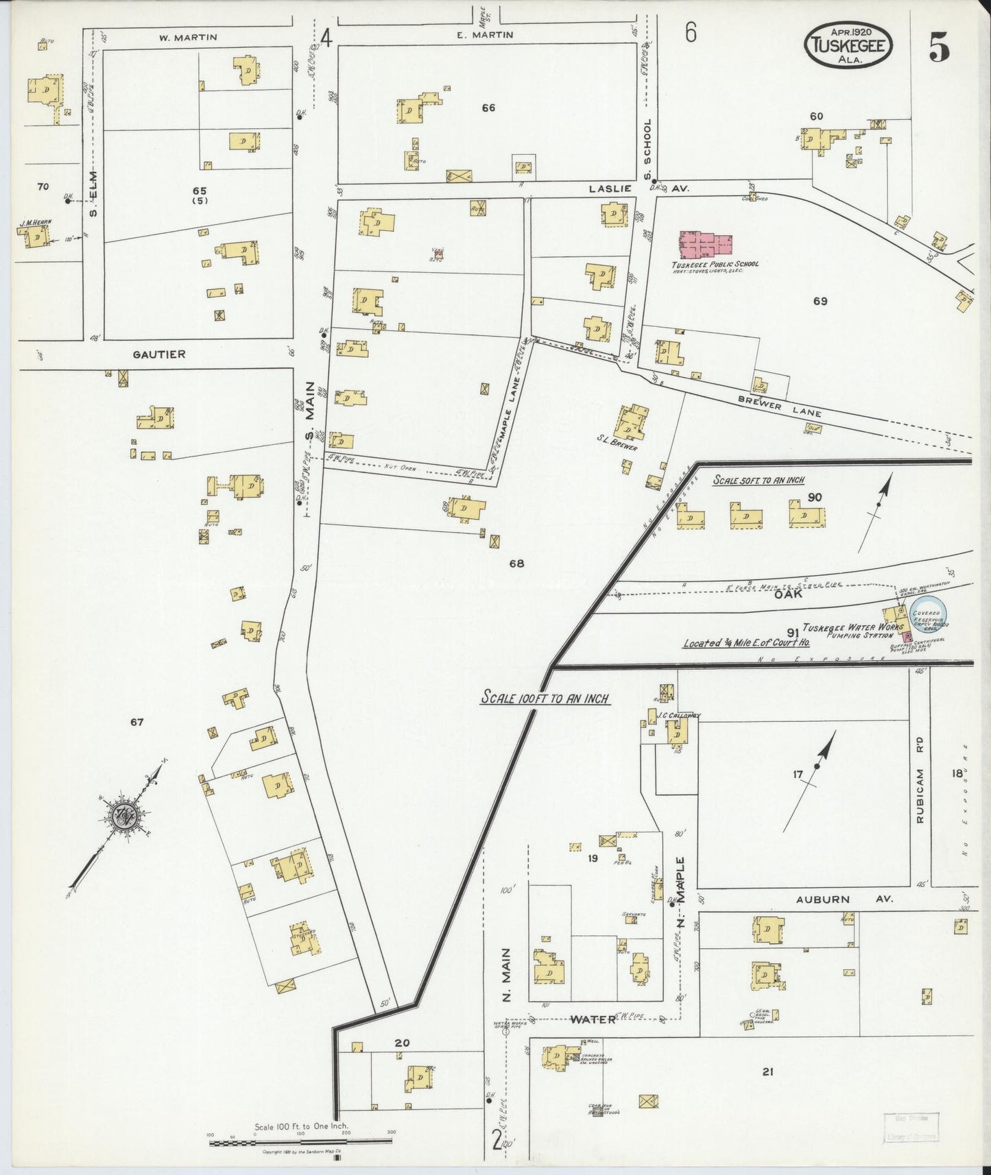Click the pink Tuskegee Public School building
[706, 245]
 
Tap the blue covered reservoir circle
[928, 610]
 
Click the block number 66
[488, 108]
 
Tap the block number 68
[516, 564]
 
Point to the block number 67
[136, 721]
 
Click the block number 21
[767, 1071]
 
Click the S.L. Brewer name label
[617, 448]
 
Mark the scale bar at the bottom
[300, 1142]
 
